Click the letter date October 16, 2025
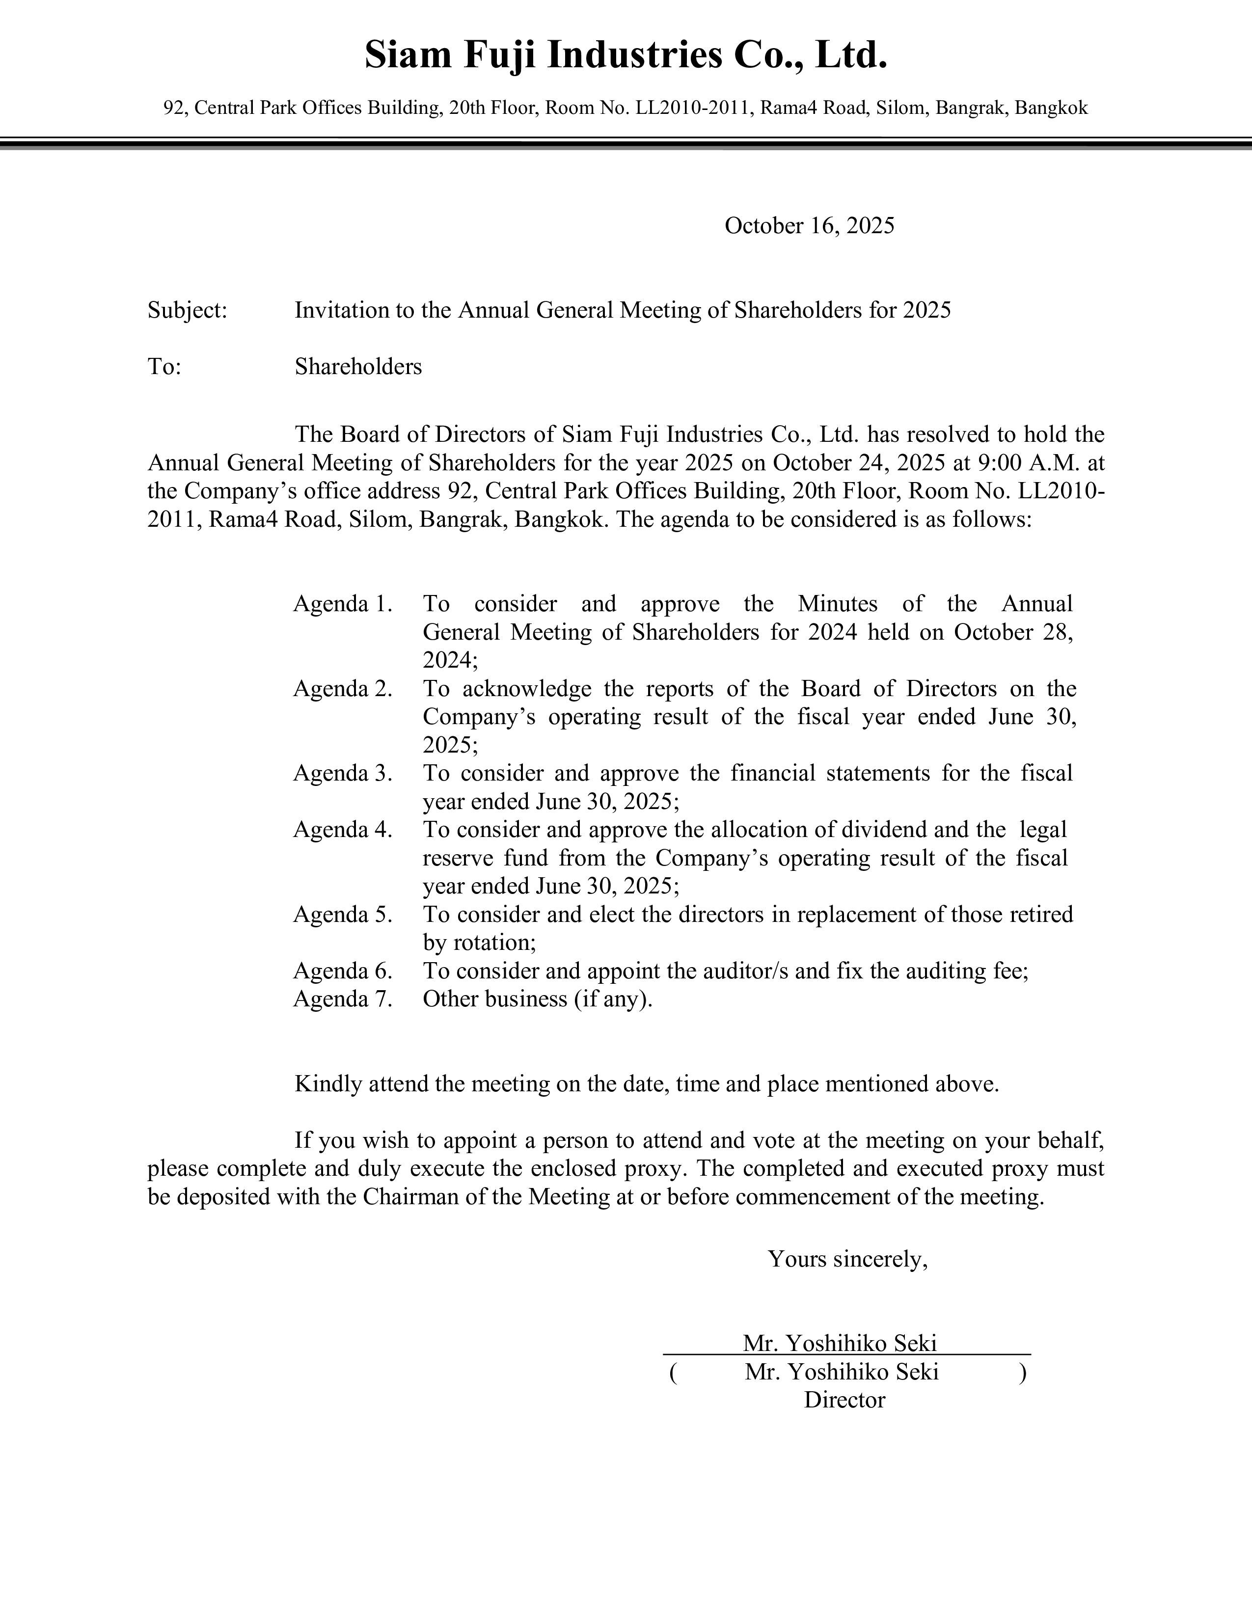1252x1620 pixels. coord(809,225)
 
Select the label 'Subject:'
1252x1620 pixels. coord(187,310)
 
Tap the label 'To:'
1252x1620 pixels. coord(164,366)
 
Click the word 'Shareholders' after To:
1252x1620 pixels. coord(358,366)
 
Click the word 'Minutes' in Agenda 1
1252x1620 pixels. coord(838,604)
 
